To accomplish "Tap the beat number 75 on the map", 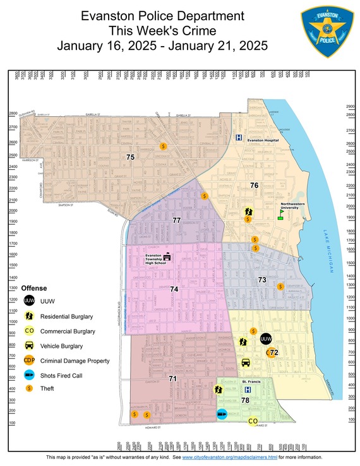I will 130,157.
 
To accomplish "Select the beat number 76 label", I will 254,185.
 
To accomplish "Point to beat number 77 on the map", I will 176,220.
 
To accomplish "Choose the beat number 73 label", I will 262,279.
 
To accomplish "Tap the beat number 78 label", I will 245,401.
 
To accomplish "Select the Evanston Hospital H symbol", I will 239,138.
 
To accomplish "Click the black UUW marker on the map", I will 266,339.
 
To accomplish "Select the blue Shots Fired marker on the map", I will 222,414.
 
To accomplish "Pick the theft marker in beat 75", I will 163,146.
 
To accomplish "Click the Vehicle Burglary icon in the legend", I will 29,345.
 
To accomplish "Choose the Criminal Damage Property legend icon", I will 29,361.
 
